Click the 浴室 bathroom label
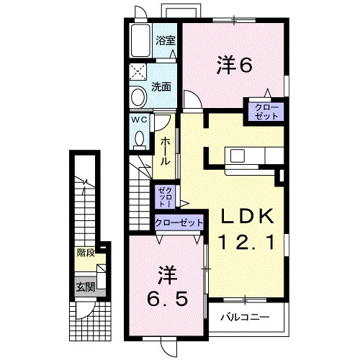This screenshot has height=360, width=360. click(166, 40)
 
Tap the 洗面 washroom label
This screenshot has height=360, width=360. click(161, 88)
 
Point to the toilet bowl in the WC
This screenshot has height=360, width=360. click(140, 137)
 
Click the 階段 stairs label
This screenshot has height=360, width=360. click(86, 253)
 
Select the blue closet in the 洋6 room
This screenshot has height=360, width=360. click(266, 112)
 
